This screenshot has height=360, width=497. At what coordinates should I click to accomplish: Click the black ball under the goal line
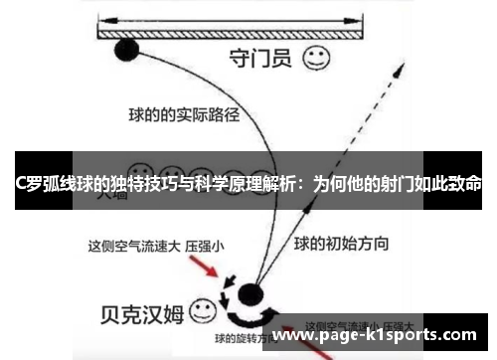point(127,51)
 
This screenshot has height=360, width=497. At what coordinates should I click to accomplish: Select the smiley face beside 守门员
point(317,59)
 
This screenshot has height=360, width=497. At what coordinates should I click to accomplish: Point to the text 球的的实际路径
point(185,114)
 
